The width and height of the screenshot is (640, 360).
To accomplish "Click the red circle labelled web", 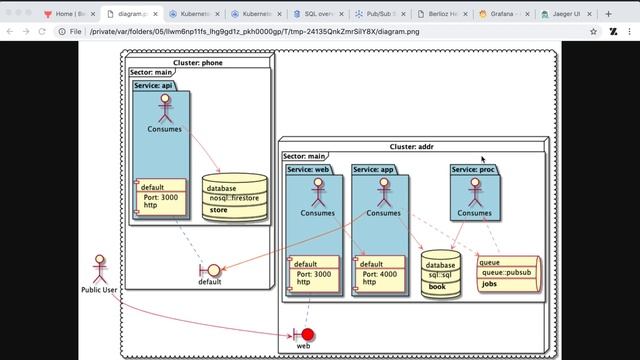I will [x=308, y=333].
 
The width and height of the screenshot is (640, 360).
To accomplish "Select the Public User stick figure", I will [x=98, y=268].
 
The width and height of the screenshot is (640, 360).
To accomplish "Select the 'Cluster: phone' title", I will [x=198, y=63].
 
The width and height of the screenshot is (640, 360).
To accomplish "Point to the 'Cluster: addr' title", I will [x=410, y=146].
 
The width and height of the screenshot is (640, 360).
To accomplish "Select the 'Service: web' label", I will [x=308, y=169].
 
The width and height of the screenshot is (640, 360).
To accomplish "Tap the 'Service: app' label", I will [x=373, y=169].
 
